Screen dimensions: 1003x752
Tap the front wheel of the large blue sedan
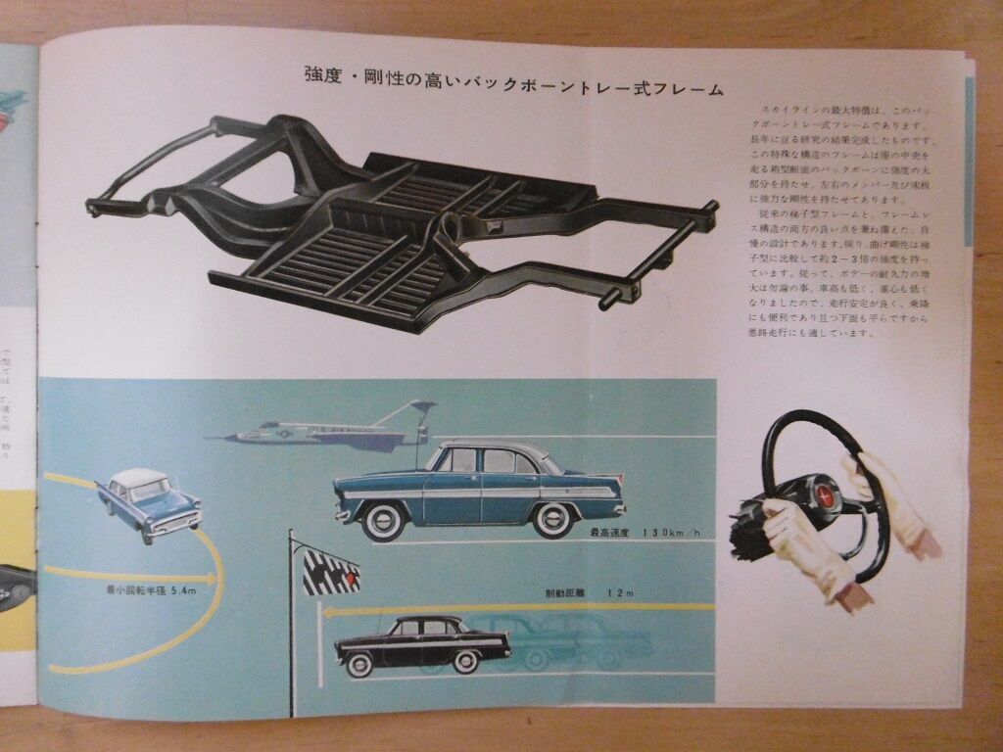[x=383, y=521]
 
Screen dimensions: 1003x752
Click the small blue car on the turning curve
[x=149, y=504]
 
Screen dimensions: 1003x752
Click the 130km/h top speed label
[x=645, y=534]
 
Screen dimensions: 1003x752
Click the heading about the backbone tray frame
[x=513, y=90]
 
